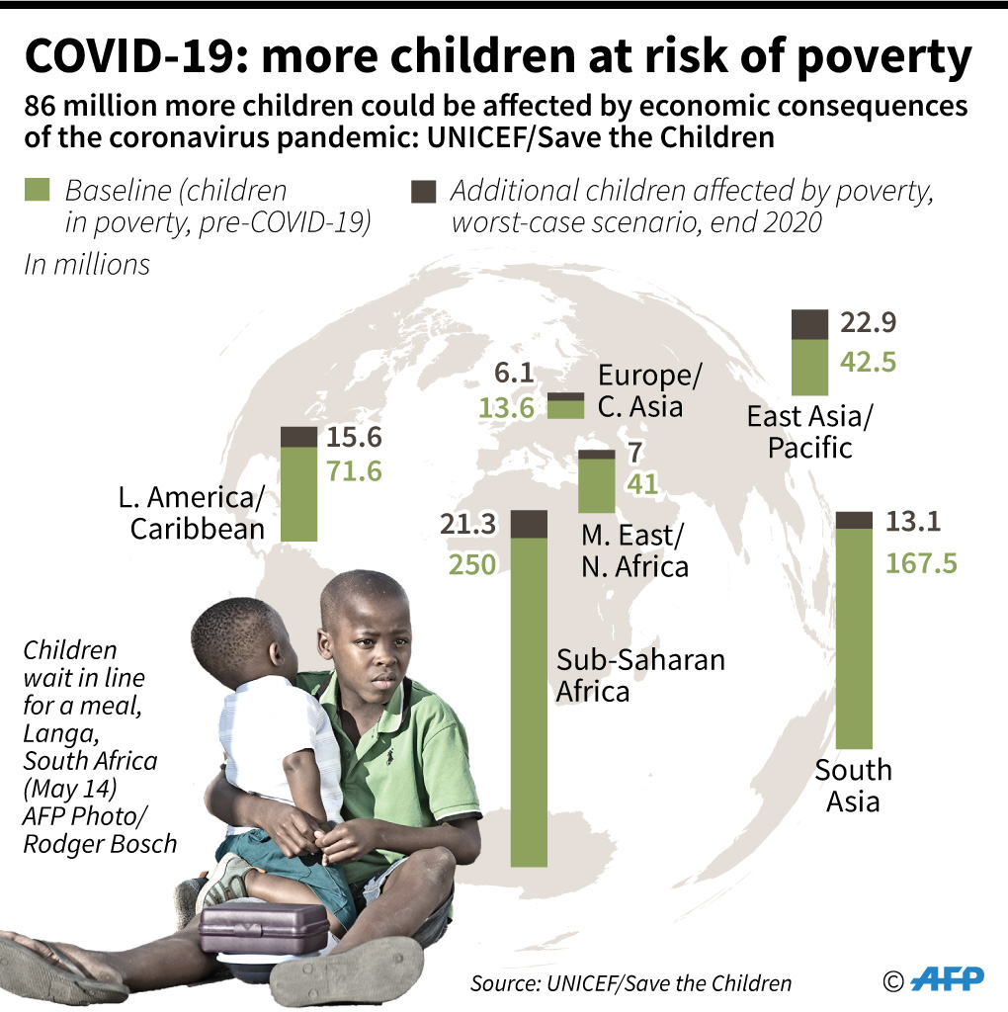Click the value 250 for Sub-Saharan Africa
pyautogui.click(x=471, y=564)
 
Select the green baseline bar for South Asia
pyautogui.click(x=854, y=637)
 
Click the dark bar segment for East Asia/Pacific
pyautogui.click(x=809, y=323)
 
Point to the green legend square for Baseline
pyautogui.click(x=36, y=191)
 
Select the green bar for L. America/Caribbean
pyautogui.click(x=298, y=493)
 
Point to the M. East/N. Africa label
pyautogui.click(x=633, y=550)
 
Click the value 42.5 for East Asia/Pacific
pyautogui.click(x=867, y=362)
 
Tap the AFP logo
pyautogui.click(x=947, y=978)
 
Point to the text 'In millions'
pyautogui.click(x=87, y=265)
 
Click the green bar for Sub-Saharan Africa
pyautogui.click(x=529, y=702)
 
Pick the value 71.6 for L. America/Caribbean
pyautogui.click(x=353, y=470)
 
